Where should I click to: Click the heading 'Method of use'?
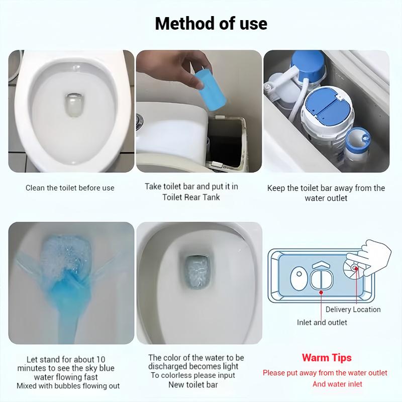211,23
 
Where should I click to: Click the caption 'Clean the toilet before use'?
70,188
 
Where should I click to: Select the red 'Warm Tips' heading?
327,358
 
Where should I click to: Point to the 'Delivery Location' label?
353,310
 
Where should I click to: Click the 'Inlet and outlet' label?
322,322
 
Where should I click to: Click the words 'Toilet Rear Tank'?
191,197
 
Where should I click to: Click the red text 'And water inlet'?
337,384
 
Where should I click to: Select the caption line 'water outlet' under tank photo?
326,198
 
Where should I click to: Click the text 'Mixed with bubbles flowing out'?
68,386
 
